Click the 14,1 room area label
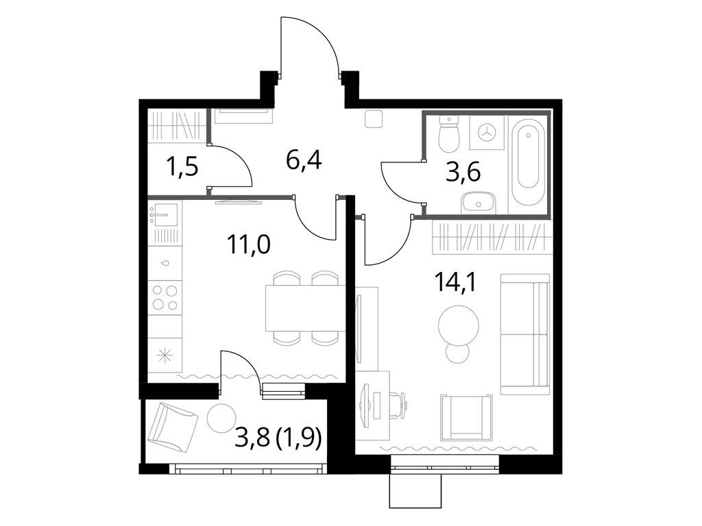(455, 281)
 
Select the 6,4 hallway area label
(304, 162)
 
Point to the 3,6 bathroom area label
(463, 171)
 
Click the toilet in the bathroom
(448, 136)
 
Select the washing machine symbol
(487, 132)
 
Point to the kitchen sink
(165, 215)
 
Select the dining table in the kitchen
(305, 308)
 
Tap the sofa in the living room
(525, 334)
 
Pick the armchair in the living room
(466, 417)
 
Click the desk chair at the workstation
(397, 404)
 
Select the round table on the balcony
(221, 418)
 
